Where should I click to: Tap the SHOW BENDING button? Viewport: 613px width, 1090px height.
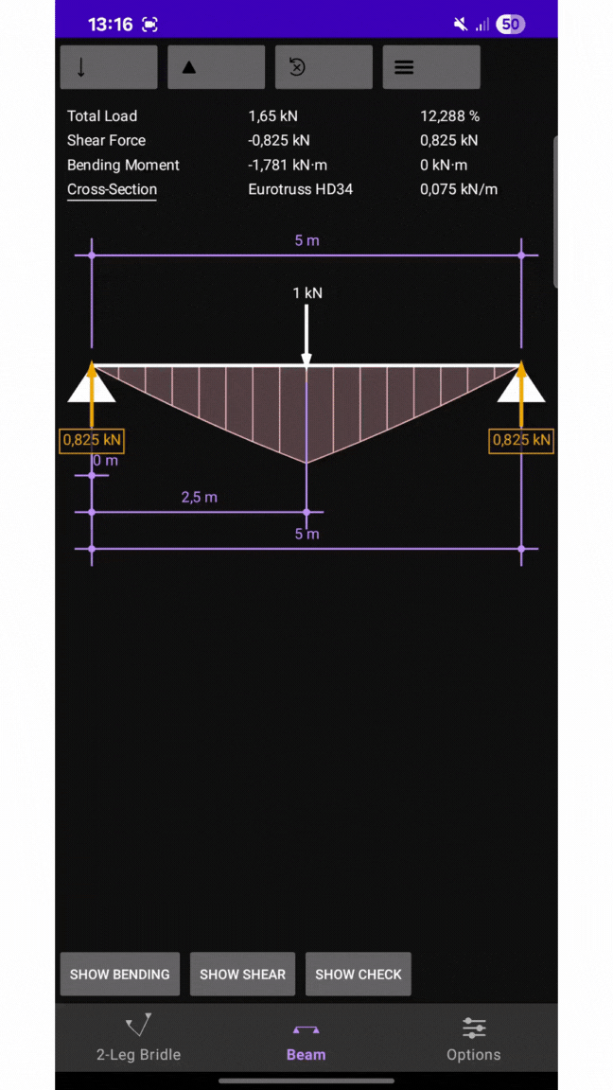[x=119, y=974]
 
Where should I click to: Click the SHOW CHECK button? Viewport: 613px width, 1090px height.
[x=358, y=974]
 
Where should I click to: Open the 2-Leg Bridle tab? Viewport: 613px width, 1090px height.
[x=138, y=1039]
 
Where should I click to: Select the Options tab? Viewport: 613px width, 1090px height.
[x=473, y=1039]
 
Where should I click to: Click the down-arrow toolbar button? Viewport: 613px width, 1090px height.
[x=109, y=67]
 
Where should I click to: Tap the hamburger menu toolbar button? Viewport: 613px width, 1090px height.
[x=431, y=67]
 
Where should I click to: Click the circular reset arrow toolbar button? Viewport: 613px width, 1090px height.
[x=324, y=67]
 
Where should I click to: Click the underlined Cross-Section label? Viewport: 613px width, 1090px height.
[x=112, y=189]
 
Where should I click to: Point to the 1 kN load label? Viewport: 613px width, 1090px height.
[x=307, y=292]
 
